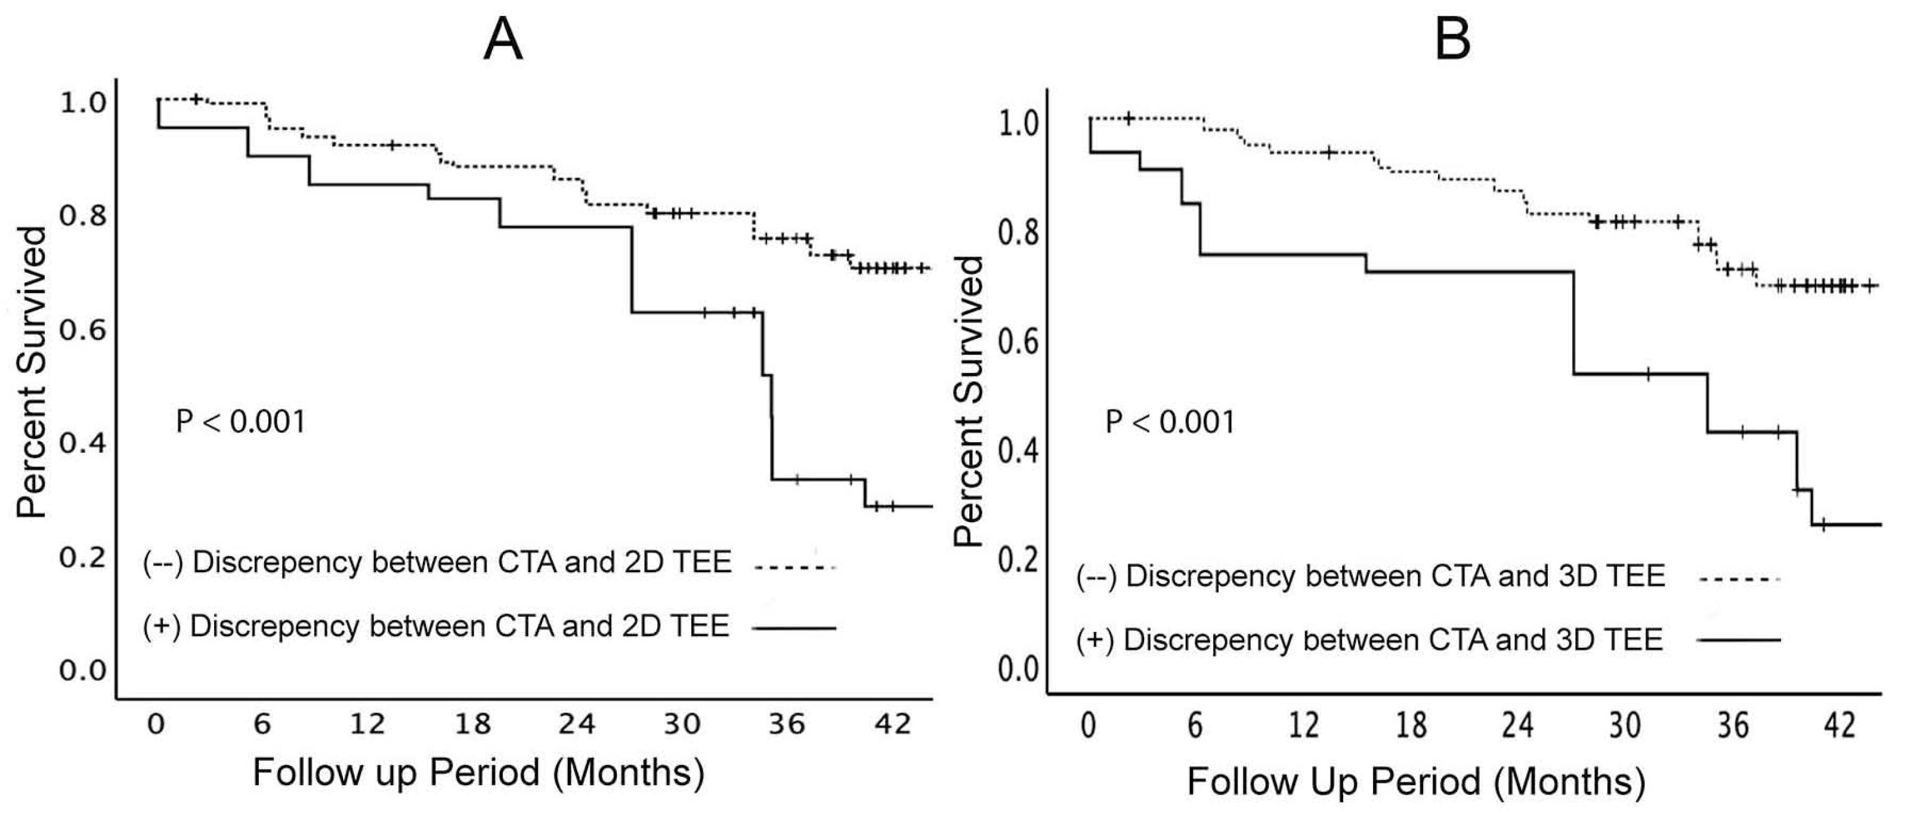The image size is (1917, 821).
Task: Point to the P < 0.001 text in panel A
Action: coord(240,422)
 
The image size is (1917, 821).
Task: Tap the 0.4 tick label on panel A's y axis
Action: coord(82,443)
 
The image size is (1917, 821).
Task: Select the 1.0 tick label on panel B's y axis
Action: coord(1018,124)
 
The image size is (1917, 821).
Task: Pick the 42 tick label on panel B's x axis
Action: coord(1839,724)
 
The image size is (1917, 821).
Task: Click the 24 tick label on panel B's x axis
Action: coord(1518,724)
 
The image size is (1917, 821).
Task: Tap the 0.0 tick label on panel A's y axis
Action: coord(82,670)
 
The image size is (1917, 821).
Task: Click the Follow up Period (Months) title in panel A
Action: coord(478,773)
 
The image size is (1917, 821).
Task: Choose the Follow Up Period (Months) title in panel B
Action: coord(1416,782)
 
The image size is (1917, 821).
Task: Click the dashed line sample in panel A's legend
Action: coord(795,568)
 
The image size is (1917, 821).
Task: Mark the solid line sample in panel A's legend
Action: coord(795,628)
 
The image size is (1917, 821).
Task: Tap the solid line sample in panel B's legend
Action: coord(1739,640)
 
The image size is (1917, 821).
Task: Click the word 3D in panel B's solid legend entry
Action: coord(1574,640)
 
